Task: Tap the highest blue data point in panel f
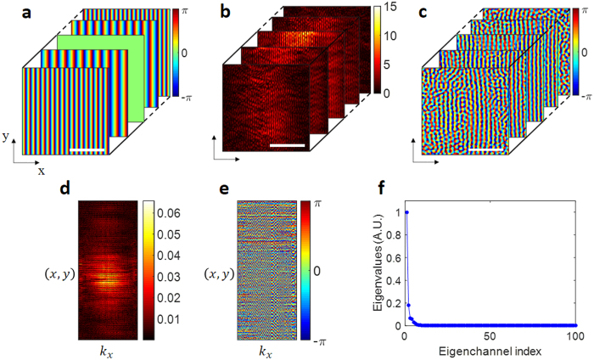coord(407,212)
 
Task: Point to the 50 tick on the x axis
coord(490,336)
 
